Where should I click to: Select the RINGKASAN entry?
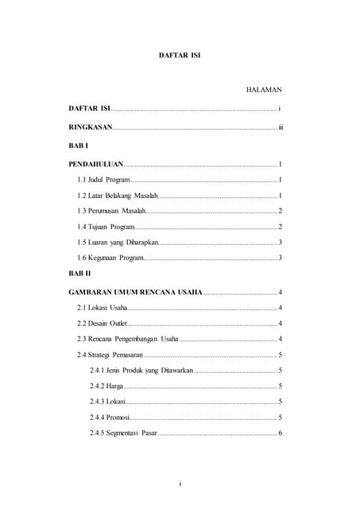pos(91,127)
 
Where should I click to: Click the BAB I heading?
pos(79,146)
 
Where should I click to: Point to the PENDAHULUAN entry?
pos(95,164)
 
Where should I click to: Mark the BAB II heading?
pos(81,274)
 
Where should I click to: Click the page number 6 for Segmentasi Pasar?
pos(281,433)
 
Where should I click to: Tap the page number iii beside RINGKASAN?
pos(280,127)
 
